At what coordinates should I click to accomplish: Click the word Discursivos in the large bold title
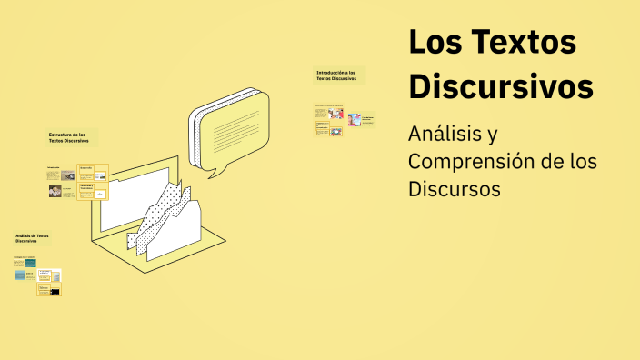coord(501,86)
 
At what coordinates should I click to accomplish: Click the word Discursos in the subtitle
coord(455,189)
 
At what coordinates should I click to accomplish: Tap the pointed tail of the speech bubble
coord(214,170)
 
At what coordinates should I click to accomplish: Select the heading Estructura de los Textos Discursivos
coord(69,138)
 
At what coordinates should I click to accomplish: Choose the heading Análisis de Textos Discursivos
coord(32,238)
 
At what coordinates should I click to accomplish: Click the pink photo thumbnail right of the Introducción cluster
coord(355,119)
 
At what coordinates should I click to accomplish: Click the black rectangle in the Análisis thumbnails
coord(55,292)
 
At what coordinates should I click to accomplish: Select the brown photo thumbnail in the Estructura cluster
coord(55,192)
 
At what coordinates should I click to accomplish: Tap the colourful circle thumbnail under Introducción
coord(337,115)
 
